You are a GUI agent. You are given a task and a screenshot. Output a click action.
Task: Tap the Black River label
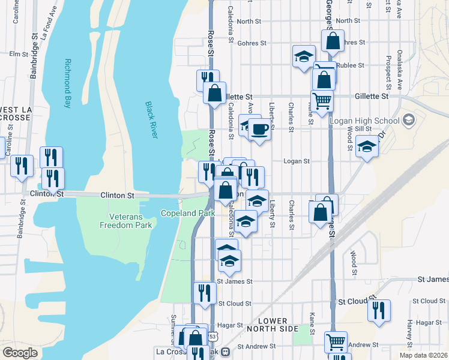pyautogui.click(x=151, y=120)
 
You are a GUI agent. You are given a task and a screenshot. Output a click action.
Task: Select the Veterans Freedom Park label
pyautogui.click(x=126, y=220)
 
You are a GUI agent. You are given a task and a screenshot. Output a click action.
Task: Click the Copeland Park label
pyautogui.click(x=188, y=213)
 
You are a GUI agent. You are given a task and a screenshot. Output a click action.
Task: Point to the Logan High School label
pyautogui.click(x=364, y=121)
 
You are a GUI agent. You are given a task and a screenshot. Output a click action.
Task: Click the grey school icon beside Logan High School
pyautogui.click(x=409, y=120)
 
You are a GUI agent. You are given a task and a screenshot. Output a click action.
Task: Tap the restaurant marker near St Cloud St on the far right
pyautogui.click(x=379, y=310)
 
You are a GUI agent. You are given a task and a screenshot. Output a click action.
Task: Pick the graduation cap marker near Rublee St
pyautogui.click(x=304, y=56)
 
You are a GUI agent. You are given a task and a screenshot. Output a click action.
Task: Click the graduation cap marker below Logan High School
pyautogui.click(x=366, y=146)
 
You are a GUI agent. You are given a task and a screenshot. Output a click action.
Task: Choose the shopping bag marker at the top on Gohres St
pyautogui.click(x=332, y=41)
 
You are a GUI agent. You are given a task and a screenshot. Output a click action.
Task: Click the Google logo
pyautogui.click(x=20, y=352)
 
